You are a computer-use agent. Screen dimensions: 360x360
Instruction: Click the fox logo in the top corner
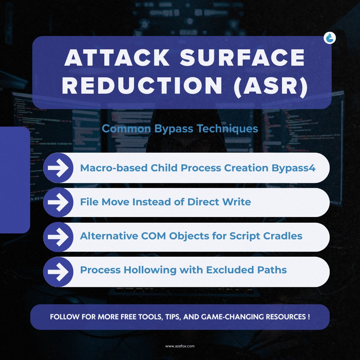(x=330, y=38)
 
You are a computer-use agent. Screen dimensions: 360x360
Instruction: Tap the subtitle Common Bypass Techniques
(x=180, y=129)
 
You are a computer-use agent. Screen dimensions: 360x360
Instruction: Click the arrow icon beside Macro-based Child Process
(x=58, y=168)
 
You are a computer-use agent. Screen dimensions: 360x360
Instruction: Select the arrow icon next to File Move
(x=58, y=202)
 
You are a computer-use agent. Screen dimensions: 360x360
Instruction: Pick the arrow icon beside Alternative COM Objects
(x=58, y=237)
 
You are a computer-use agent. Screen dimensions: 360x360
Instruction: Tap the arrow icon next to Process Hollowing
(x=58, y=271)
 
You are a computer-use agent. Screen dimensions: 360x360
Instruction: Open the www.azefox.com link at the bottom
(x=180, y=346)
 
